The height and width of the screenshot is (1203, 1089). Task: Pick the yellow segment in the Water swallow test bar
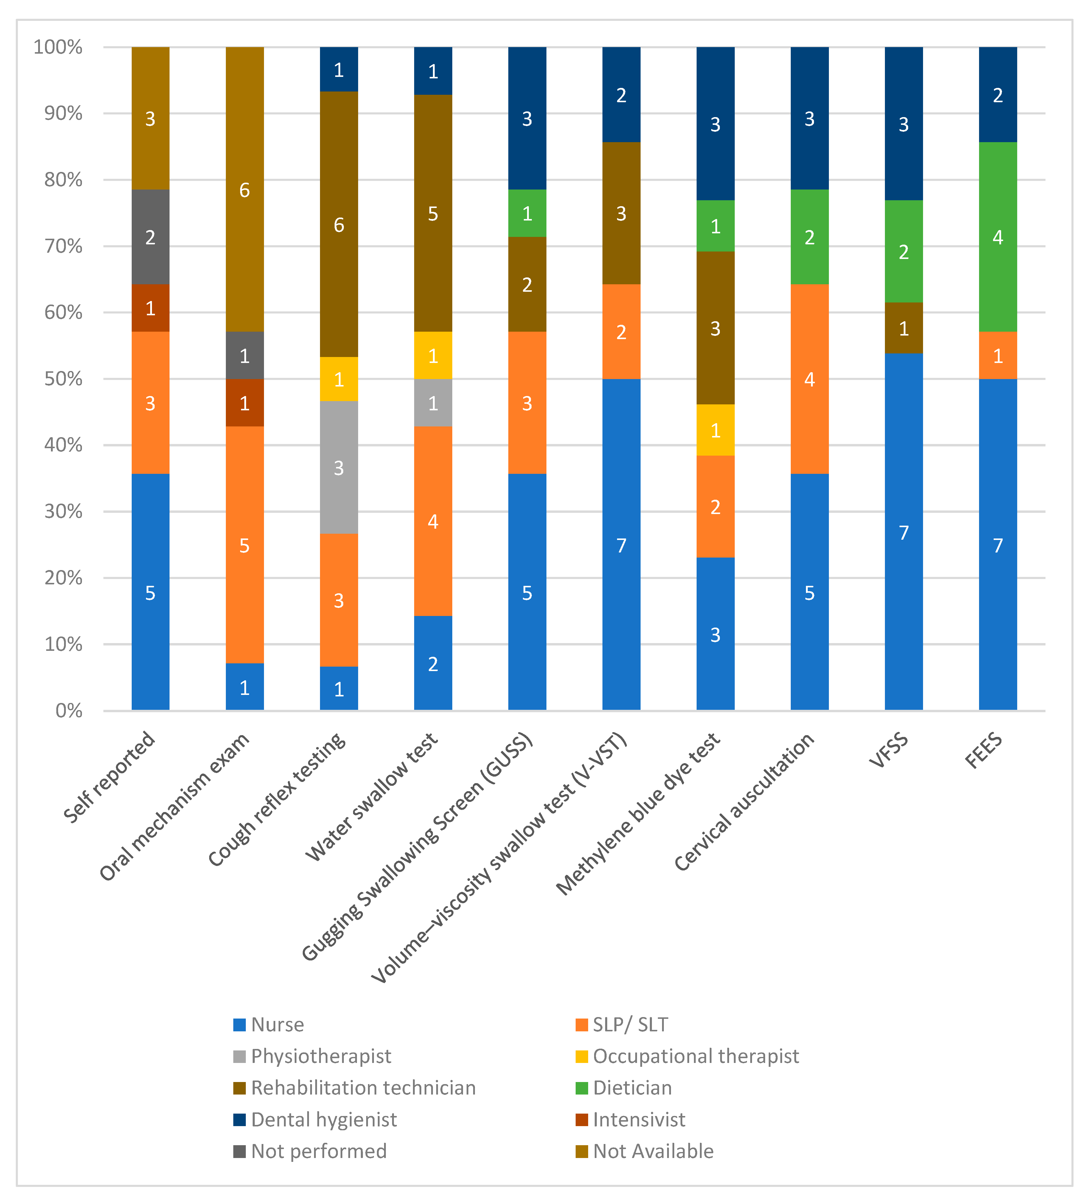coord(433,356)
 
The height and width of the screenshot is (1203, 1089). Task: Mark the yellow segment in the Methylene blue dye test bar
coord(715,430)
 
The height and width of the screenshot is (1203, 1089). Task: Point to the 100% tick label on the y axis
coord(58,47)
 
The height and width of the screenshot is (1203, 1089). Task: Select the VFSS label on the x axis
coord(889,751)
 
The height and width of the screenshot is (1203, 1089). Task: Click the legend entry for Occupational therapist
coord(695,1056)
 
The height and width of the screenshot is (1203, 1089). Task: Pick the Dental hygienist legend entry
coord(323,1120)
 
